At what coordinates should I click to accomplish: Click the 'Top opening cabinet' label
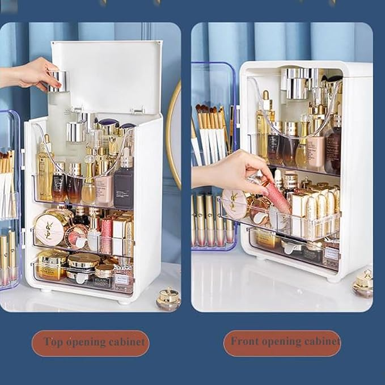(90, 343)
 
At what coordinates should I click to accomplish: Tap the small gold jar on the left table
(168, 299)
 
